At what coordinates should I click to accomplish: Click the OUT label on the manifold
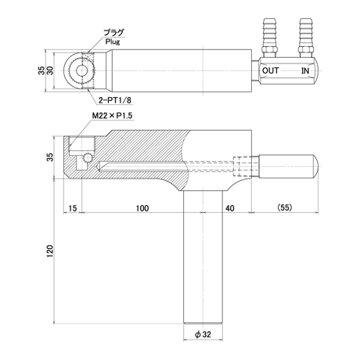click(x=270, y=70)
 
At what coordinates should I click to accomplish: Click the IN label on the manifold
click(x=305, y=70)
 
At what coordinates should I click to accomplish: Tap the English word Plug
click(x=113, y=41)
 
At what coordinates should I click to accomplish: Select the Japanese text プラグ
click(x=113, y=33)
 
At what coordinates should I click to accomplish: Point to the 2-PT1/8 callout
click(x=115, y=100)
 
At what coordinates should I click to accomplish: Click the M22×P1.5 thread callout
click(x=112, y=116)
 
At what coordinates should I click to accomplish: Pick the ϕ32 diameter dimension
click(x=203, y=334)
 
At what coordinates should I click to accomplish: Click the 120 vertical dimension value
click(x=49, y=251)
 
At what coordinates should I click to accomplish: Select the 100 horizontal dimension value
click(x=142, y=208)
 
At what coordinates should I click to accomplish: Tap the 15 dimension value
click(x=73, y=208)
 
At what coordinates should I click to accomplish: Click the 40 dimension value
click(x=230, y=208)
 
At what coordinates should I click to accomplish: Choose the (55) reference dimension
click(x=285, y=207)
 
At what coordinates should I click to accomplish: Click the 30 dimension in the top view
click(x=49, y=70)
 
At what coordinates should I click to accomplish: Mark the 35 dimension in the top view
click(x=41, y=70)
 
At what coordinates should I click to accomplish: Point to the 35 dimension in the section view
click(x=49, y=157)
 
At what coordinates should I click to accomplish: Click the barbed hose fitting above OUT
click(x=269, y=38)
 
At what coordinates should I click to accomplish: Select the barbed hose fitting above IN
click(x=305, y=38)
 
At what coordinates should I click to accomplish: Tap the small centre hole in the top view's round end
click(x=82, y=70)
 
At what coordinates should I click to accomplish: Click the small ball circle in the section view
click(x=88, y=157)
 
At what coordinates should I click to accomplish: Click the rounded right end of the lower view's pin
click(x=315, y=167)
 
